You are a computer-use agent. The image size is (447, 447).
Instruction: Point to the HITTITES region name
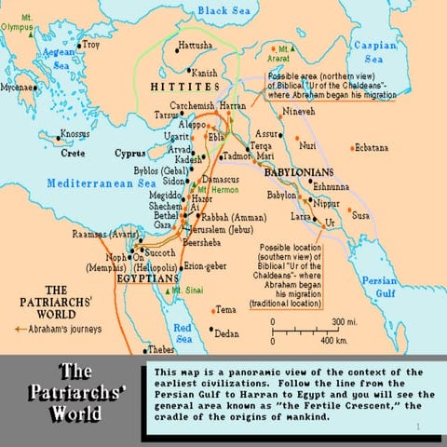pyautogui.click(x=178, y=86)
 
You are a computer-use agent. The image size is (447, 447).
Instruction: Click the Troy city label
pyautogui.click(x=91, y=44)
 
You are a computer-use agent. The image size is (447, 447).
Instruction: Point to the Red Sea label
pyautogui.click(x=183, y=331)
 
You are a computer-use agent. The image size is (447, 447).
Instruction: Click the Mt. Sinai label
pyautogui.click(x=188, y=291)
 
